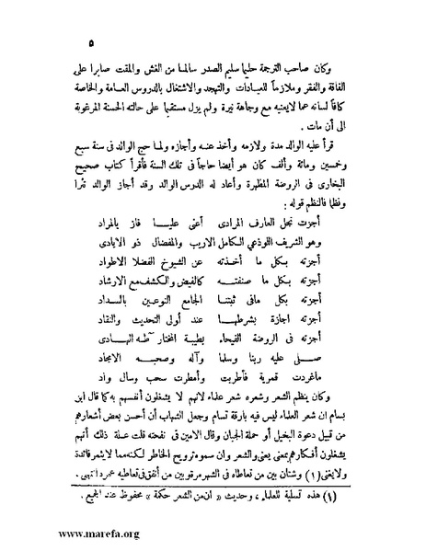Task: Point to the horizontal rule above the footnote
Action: click(x=212, y=488)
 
